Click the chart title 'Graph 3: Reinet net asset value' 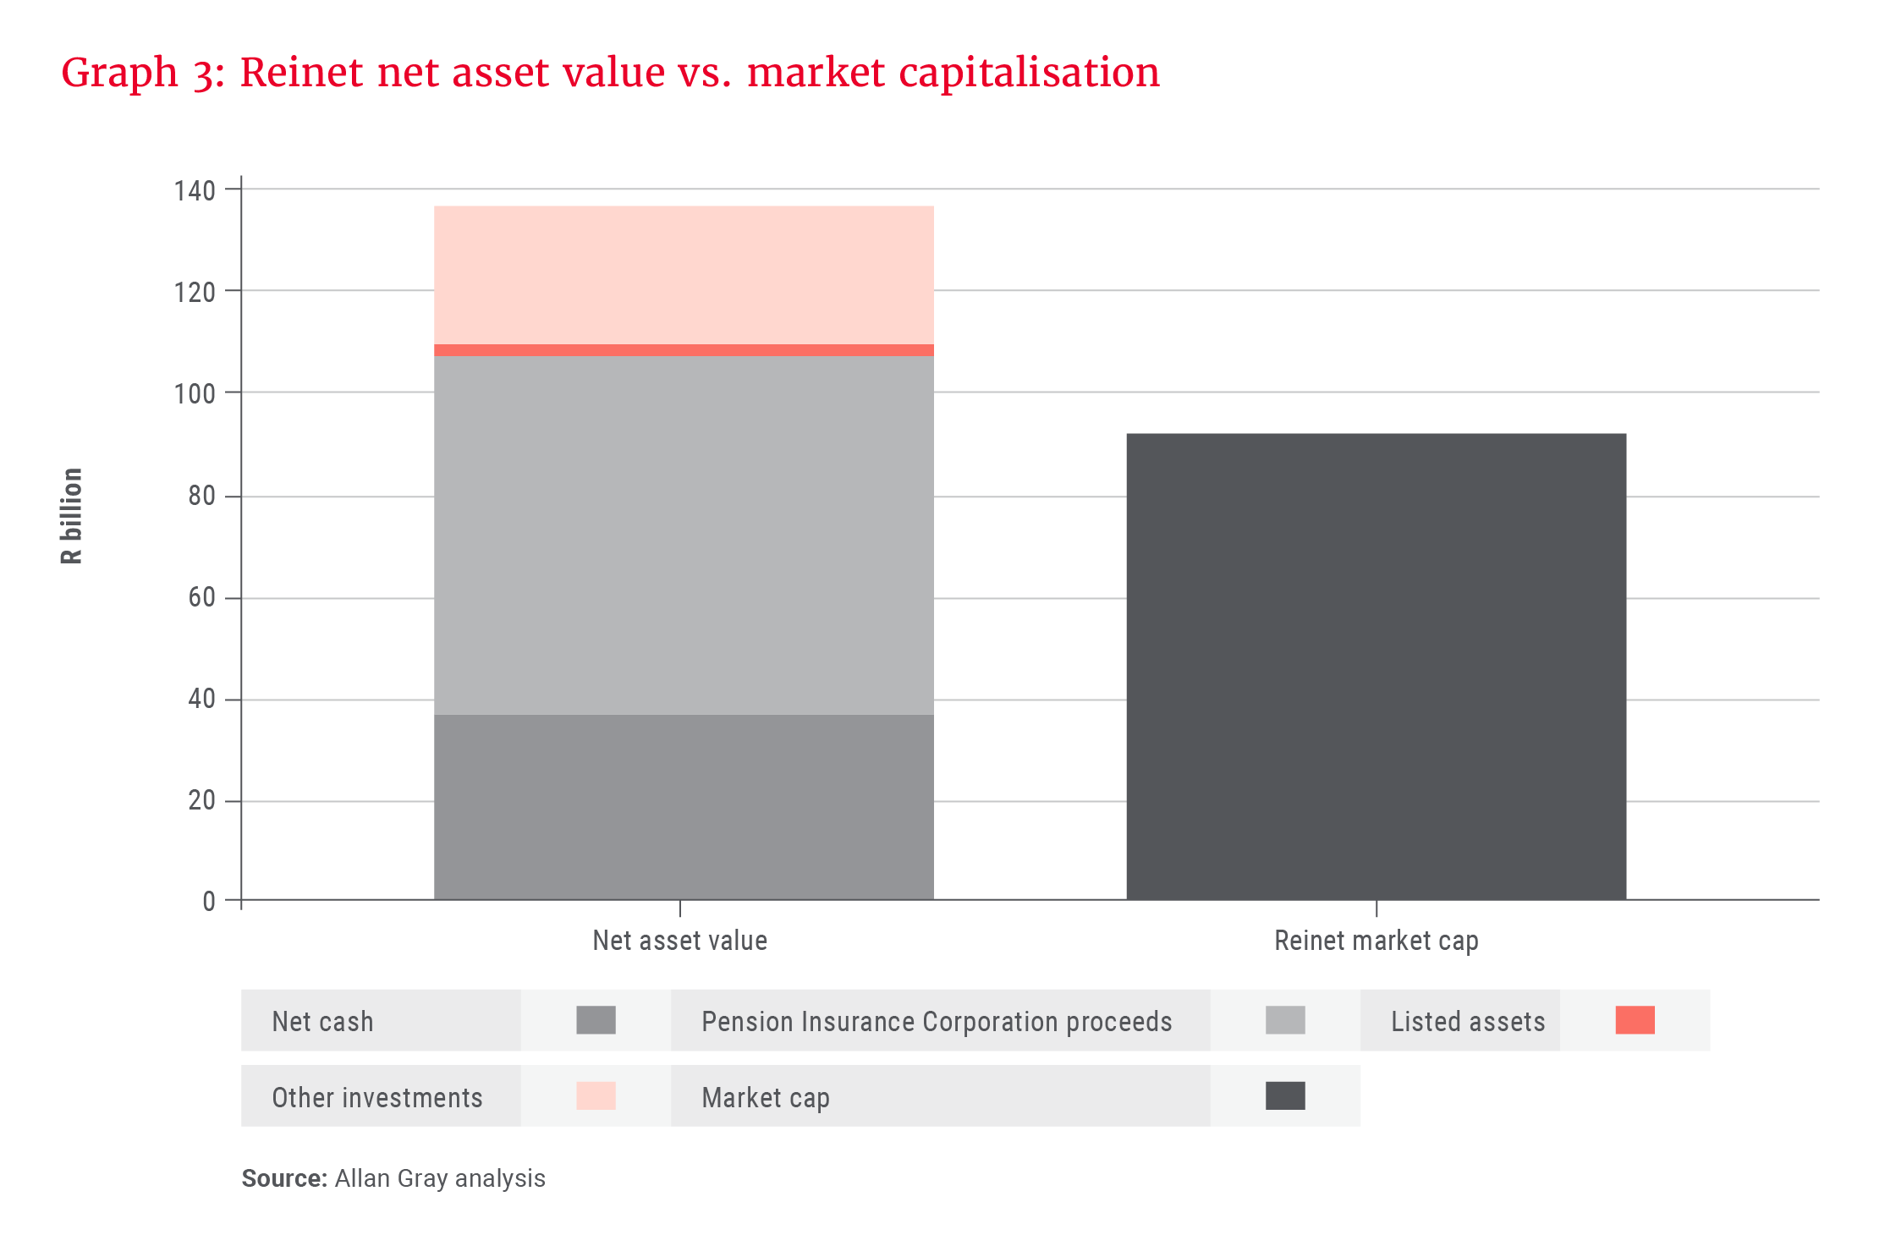(x=609, y=73)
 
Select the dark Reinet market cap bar (x=1376, y=666)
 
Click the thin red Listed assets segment (x=684, y=350)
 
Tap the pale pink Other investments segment (x=684, y=275)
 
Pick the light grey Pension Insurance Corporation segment (x=684, y=535)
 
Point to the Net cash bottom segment (x=684, y=806)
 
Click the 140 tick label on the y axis (x=195, y=191)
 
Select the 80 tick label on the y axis (x=201, y=496)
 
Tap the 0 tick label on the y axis (x=208, y=902)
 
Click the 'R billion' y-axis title (x=72, y=515)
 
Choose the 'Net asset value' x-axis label (x=679, y=941)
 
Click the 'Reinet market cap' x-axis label (x=1376, y=941)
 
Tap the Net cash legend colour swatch (x=596, y=1020)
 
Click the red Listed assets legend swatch (x=1635, y=1020)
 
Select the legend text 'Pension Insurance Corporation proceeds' (x=937, y=1022)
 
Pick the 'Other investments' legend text (x=376, y=1098)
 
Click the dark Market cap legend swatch (x=1285, y=1095)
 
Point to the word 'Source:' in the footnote (x=283, y=1178)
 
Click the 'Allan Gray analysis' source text (x=439, y=1178)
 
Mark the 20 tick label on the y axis (x=201, y=800)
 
